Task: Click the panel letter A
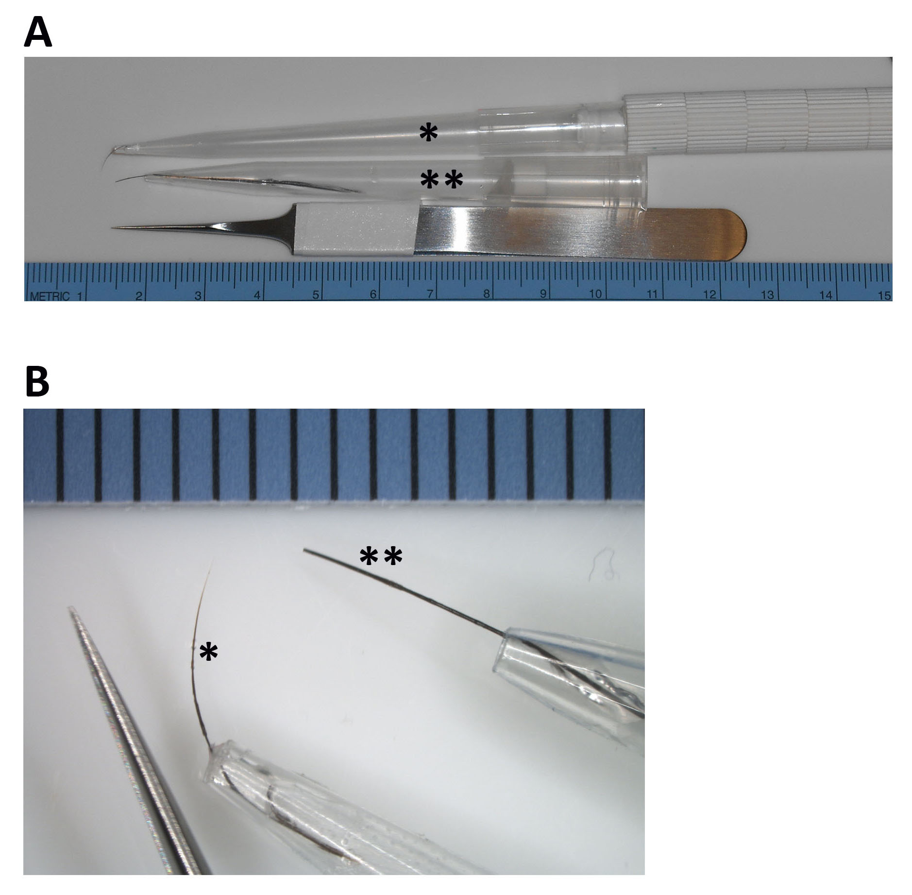pyautogui.click(x=38, y=32)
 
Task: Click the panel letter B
pyautogui.click(x=37, y=381)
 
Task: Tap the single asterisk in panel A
pyautogui.click(x=428, y=132)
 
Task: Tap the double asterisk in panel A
pyautogui.click(x=441, y=180)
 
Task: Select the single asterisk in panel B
pyautogui.click(x=208, y=652)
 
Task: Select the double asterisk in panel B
pyautogui.click(x=381, y=556)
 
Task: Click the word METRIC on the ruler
pyautogui.click(x=50, y=296)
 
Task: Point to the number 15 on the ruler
pyautogui.click(x=884, y=295)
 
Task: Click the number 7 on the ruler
pyautogui.click(x=430, y=294)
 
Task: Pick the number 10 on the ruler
pyautogui.click(x=595, y=294)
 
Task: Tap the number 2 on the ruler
pyautogui.click(x=139, y=295)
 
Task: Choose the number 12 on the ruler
pyautogui.click(x=709, y=294)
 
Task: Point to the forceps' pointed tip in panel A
pyautogui.click(x=112, y=227)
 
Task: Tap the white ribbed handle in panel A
pyautogui.click(x=758, y=119)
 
